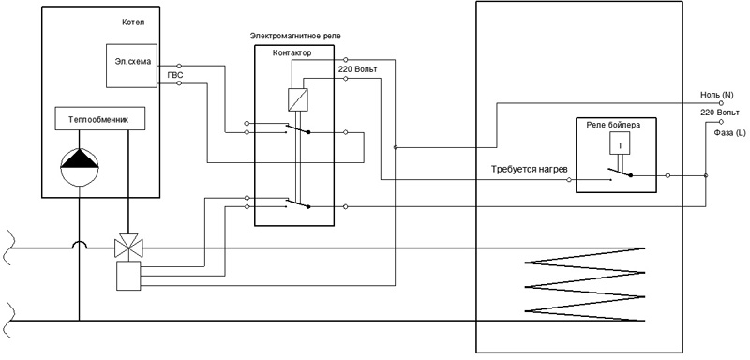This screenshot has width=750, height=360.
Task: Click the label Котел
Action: (x=133, y=22)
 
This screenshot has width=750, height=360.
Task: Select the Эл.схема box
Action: (x=131, y=66)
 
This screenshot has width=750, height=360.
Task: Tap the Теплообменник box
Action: (x=100, y=118)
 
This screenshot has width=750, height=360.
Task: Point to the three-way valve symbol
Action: (x=127, y=246)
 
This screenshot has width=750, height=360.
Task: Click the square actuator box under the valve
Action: (x=128, y=276)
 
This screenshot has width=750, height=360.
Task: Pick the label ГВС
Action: (x=175, y=75)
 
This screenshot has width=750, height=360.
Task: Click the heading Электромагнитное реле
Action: (x=295, y=36)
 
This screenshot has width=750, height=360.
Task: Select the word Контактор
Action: (x=292, y=53)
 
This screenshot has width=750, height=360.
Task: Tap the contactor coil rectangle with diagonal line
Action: (x=298, y=99)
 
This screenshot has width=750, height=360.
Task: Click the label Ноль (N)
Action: (x=716, y=95)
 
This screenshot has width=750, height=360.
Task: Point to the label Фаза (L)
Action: (x=729, y=133)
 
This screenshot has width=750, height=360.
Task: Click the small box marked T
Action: (x=620, y=142)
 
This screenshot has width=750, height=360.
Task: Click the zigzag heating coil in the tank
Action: (x=584, y=285)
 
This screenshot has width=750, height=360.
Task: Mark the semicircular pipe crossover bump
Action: (x=80, y=244)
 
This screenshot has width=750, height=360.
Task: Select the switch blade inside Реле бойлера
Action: (x=620, y=172)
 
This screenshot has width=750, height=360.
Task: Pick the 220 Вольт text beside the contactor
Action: (x=358, y=69)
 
